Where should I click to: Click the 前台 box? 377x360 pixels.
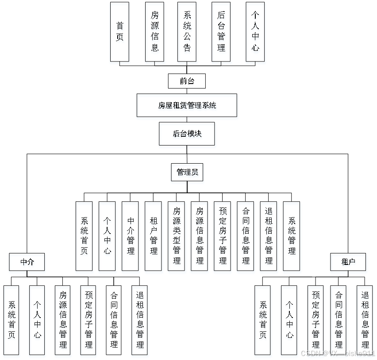click(x=187, y=81)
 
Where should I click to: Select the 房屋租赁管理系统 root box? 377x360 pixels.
click(x=187, y=105)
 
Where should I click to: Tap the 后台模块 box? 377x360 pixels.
click(x=187, y=134)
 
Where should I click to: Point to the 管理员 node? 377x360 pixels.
click(x=187, y=172)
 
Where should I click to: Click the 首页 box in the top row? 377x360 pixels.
click(x=119, y=32)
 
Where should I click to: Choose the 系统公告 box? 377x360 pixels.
click(x=187, y=32)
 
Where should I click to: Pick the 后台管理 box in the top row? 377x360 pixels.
click(x=221, y=32)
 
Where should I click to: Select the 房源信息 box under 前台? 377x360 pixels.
click(x=154, y=32)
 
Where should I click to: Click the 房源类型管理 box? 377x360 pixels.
click(x=176, y=236)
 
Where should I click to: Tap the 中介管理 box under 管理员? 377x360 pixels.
click(x=130, y=236)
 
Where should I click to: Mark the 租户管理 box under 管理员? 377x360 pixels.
click(x=153, y=236)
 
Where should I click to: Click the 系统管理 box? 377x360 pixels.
click(x=291, y=236)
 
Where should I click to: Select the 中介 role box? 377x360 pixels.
click(x=27, y=262)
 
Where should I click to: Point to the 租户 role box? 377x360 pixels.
click(x=348, y=262)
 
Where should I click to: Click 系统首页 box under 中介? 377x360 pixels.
click(x=11, y=320)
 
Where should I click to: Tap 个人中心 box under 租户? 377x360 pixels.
click(x=289, y=320)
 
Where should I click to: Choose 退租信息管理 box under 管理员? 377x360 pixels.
click(x=268, y=236)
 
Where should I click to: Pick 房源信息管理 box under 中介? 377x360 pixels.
click(x=63, y=320)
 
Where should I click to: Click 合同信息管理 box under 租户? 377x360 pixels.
click(x=339, y=320)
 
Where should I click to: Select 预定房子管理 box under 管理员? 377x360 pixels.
click(x=222, y=236)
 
